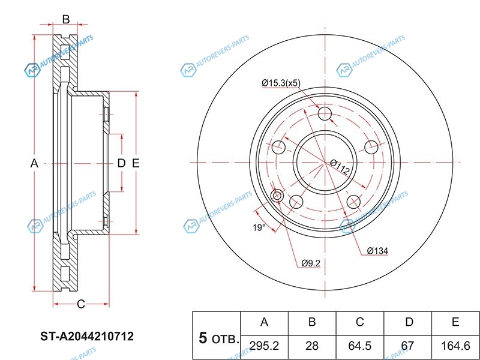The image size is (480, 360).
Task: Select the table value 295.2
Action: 264,346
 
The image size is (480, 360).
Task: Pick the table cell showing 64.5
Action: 359,346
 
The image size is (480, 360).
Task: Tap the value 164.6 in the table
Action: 455,346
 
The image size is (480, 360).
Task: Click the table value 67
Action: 408,346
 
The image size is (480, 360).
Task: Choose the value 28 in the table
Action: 312,346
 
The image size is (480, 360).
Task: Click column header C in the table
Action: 359,322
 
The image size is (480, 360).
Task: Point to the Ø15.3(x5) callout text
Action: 281,83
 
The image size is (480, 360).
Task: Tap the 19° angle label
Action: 258,227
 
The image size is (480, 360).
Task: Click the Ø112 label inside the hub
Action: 340,166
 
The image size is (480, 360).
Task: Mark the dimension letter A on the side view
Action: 34,163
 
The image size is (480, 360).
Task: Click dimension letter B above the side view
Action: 66,19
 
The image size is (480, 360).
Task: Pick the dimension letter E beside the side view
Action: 136,163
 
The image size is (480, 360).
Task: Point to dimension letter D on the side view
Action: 121,163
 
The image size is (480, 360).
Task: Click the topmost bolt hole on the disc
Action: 325,114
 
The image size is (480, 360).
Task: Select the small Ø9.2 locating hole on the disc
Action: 278,196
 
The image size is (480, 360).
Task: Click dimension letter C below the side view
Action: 81,304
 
